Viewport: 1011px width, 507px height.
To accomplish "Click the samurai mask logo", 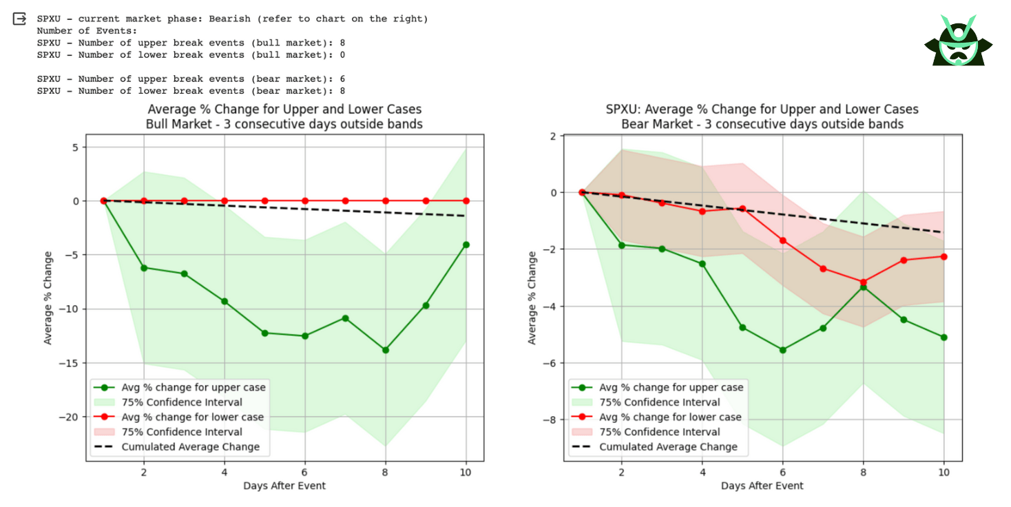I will (x=958, y=41).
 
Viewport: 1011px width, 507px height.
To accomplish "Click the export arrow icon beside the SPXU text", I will (x=19, y=19).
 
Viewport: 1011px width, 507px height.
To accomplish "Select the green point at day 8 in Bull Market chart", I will (x=386, y=350).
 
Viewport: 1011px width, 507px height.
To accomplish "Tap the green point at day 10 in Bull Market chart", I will (x=466, y=245).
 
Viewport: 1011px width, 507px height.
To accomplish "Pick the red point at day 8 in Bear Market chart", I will (x=863, y=282).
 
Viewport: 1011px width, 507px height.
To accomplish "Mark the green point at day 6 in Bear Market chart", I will (x=782, y=350).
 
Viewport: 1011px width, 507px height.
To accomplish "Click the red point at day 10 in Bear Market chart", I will (x=944, y=256).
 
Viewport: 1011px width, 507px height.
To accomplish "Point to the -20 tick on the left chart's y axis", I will (x=70, y=417).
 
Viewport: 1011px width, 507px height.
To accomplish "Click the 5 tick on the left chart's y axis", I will (x=77, y=147).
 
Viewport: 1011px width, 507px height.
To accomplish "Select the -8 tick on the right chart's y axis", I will (x=552, y=420).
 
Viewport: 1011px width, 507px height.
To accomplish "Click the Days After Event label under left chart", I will (x=284, y=486).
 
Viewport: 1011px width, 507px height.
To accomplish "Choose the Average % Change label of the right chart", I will (x=532, y=298).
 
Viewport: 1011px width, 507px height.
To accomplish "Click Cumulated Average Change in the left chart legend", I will (x=191, y=446).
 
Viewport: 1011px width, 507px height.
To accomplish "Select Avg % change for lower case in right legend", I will (x=670, y=417).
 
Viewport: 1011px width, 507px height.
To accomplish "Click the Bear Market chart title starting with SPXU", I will (x=762, y=110).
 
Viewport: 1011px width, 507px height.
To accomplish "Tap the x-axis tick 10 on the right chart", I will (x=944, y=472).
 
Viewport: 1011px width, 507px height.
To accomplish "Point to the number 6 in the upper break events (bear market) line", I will (x=342, y=79).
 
